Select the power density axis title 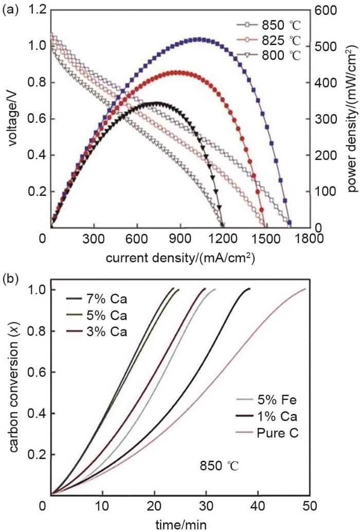tap(351, 118)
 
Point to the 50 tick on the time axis tap(310, 507)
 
